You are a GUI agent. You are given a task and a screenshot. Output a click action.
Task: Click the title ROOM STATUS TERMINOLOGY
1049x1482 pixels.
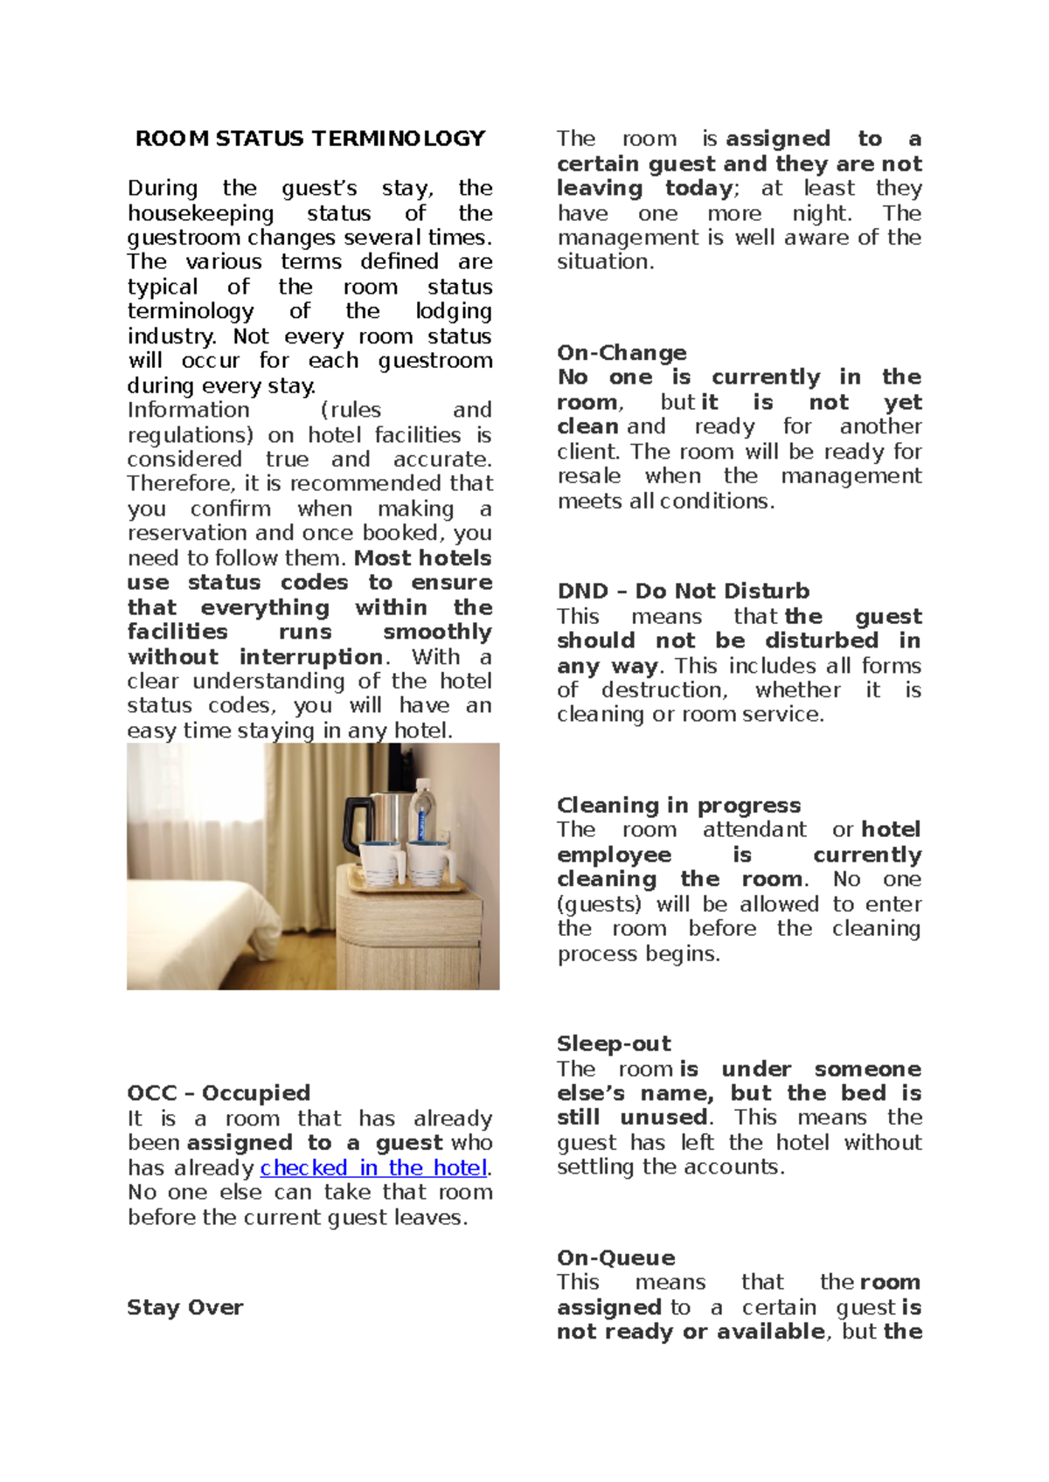coord(309,139)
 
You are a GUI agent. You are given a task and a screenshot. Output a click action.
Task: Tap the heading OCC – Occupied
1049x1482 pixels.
coord(219,1093)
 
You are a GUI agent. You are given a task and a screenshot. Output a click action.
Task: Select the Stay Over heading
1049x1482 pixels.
coord(185,1307)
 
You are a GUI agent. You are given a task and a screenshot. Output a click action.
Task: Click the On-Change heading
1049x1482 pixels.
coord(622,353)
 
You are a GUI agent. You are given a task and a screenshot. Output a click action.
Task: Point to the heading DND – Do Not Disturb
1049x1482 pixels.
coord(683,592)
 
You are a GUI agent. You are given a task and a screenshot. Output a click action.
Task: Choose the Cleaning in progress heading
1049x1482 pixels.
coord(678,806)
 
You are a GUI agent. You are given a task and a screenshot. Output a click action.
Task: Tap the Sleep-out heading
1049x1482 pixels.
coord(614,1044)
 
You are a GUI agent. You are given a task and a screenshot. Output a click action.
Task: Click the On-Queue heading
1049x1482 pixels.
coord(615,1258)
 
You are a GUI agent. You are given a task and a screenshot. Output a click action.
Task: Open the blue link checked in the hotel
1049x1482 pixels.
coord(373,1168)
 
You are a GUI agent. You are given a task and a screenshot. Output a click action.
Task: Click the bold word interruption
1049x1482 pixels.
coord(311,657)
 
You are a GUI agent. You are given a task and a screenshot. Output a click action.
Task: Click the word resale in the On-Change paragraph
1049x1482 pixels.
coord(588,476)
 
